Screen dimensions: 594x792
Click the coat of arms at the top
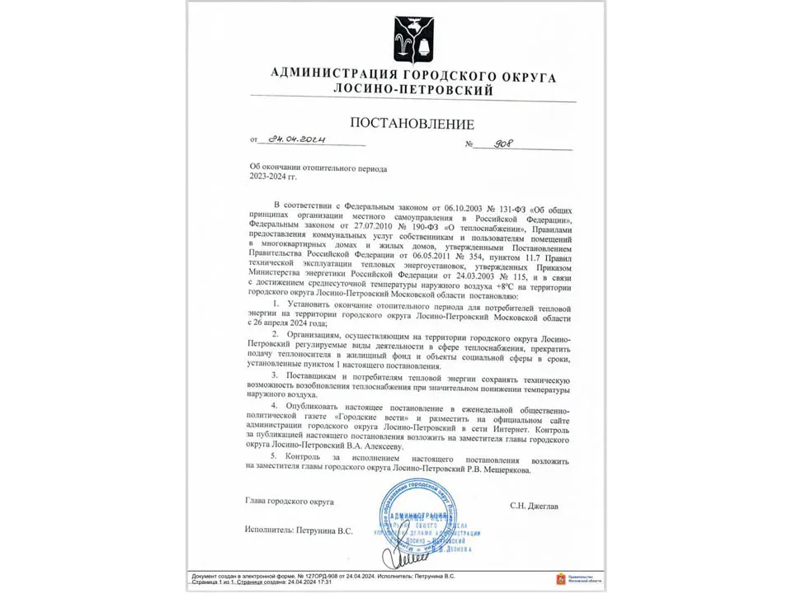click(412, 40)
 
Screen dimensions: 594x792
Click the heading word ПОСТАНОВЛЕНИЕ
click(412, 124)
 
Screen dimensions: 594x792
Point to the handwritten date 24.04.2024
click(292, 139)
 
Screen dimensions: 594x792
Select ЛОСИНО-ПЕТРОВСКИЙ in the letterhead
click(413, 90)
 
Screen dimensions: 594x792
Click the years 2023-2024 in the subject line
click(268, 177)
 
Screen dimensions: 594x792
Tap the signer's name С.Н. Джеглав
click(533, 506)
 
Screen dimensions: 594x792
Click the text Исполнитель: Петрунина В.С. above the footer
click(299, 530)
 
